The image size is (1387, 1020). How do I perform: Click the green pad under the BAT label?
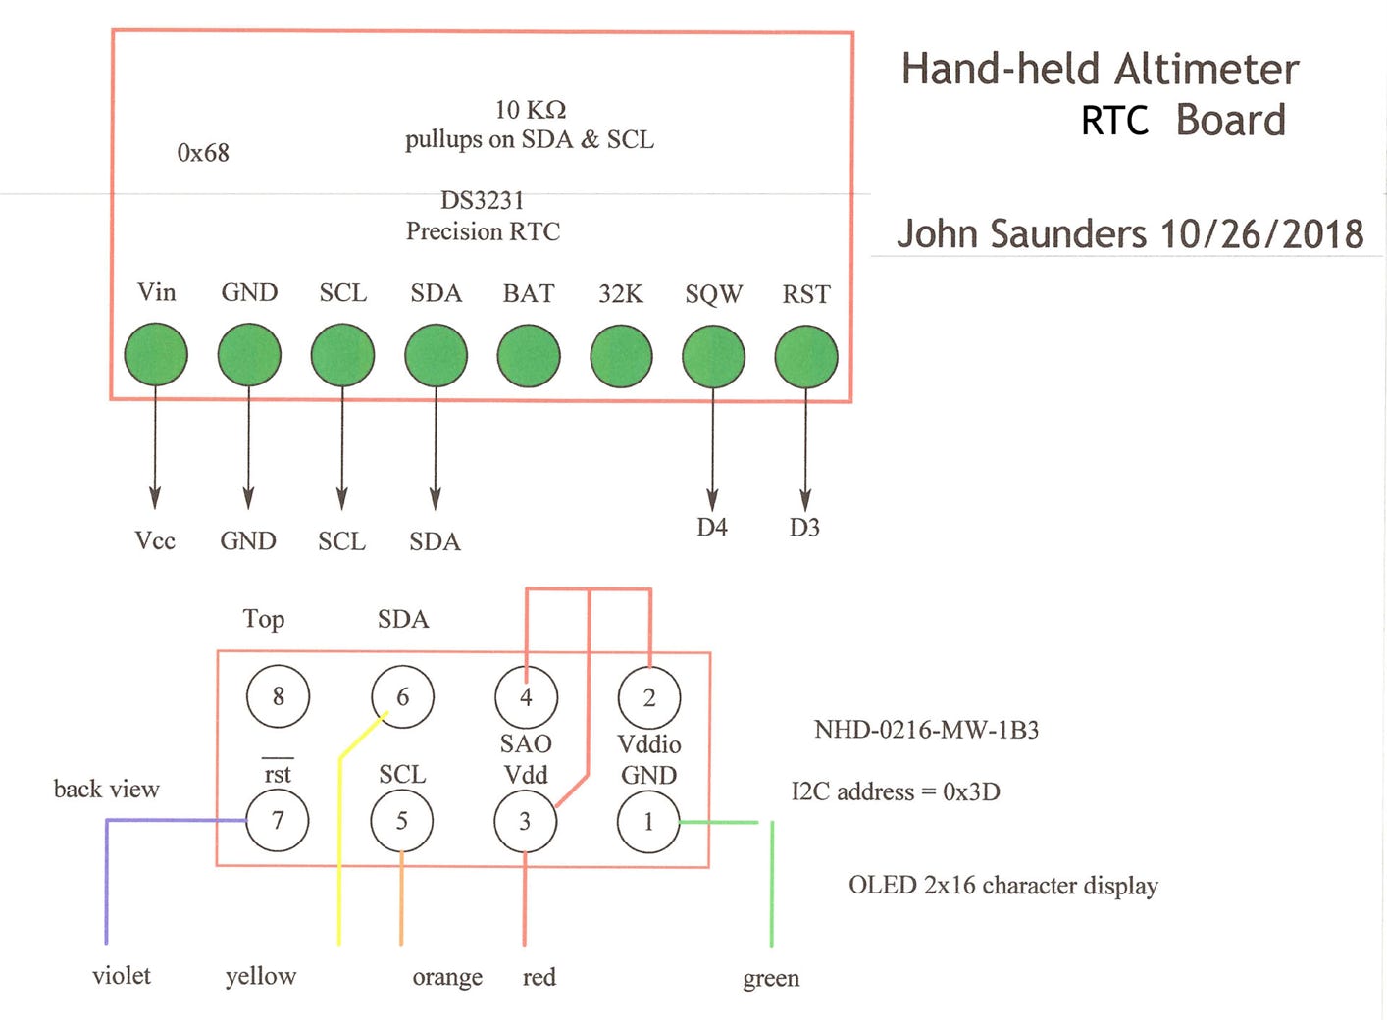click(529, 355)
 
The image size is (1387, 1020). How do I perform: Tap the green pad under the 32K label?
click(621, 356)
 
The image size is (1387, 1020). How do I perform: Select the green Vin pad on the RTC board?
click(156, 355)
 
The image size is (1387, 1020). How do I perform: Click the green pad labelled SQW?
click(713, 356)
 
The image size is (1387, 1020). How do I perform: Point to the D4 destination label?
click(712, 528)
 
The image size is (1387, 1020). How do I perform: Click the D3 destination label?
click(804, 528)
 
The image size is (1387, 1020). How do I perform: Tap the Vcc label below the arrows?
click(155, 540)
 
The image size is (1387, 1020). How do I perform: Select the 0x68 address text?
click(203, 153)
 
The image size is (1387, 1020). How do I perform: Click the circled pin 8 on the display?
click(279, 696)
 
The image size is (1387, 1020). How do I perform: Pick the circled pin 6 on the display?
click(402, 697)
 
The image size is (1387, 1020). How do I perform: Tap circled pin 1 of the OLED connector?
click(648, 822)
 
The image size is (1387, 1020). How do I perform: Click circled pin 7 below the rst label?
click(278, 821)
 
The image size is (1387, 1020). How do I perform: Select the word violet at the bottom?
click(122, 976)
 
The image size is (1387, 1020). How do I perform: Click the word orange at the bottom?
click(447, 977)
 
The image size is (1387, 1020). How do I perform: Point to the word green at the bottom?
click(771, 978)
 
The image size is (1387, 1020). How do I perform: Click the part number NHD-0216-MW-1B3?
click(926, 730)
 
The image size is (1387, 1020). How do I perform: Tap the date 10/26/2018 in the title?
click(1261, 234)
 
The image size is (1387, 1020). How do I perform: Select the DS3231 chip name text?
click(483, 200)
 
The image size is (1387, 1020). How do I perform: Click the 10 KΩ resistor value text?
click(531, 109)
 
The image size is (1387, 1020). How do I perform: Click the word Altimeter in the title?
click(1207, 70)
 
